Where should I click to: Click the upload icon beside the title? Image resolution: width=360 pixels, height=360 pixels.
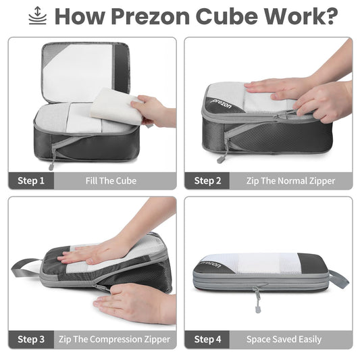click(38, 16)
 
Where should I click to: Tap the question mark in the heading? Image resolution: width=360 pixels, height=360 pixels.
click(329, 16)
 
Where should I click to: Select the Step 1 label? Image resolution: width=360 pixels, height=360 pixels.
click(31, 180)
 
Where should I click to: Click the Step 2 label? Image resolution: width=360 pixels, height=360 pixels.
click(207, 180)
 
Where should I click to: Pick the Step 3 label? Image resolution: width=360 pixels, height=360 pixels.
click(31, 339)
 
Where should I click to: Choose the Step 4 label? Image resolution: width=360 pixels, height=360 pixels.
click(207, 339)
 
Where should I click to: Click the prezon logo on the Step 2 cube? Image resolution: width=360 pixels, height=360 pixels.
click(220, 105)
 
